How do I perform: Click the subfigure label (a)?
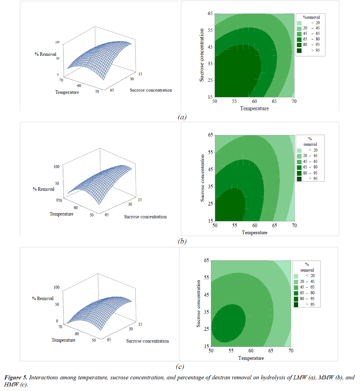[182, 117]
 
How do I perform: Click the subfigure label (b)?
[182, 241]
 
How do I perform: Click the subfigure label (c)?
[180, 367]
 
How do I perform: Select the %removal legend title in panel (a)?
[311, 17]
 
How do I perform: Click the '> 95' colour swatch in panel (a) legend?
[299, 51]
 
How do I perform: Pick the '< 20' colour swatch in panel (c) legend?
[296, 276]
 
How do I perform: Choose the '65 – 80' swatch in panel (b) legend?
[299, 167]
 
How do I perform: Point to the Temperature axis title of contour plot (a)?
[254, 108]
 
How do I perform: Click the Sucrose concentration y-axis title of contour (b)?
[202, 178]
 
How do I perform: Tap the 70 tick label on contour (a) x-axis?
[294, 101]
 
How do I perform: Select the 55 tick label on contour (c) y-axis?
[206, 278]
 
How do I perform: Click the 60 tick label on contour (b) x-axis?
[255, 226]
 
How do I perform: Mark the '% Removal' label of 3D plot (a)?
[45, 54]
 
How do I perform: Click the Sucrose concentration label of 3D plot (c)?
[147, 341]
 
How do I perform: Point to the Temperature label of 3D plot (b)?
[62, 214]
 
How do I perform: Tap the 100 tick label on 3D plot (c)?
[56, 288]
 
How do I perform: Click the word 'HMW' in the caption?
[11, 385]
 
